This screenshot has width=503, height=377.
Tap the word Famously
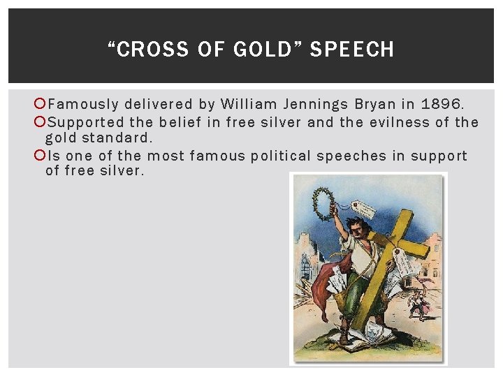click(x=84, y=105)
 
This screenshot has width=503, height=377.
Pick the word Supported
click(x=86, y=122)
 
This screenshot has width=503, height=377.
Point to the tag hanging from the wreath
click(x=363, y=209)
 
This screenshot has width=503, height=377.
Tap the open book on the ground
click(x=363, y=341)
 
